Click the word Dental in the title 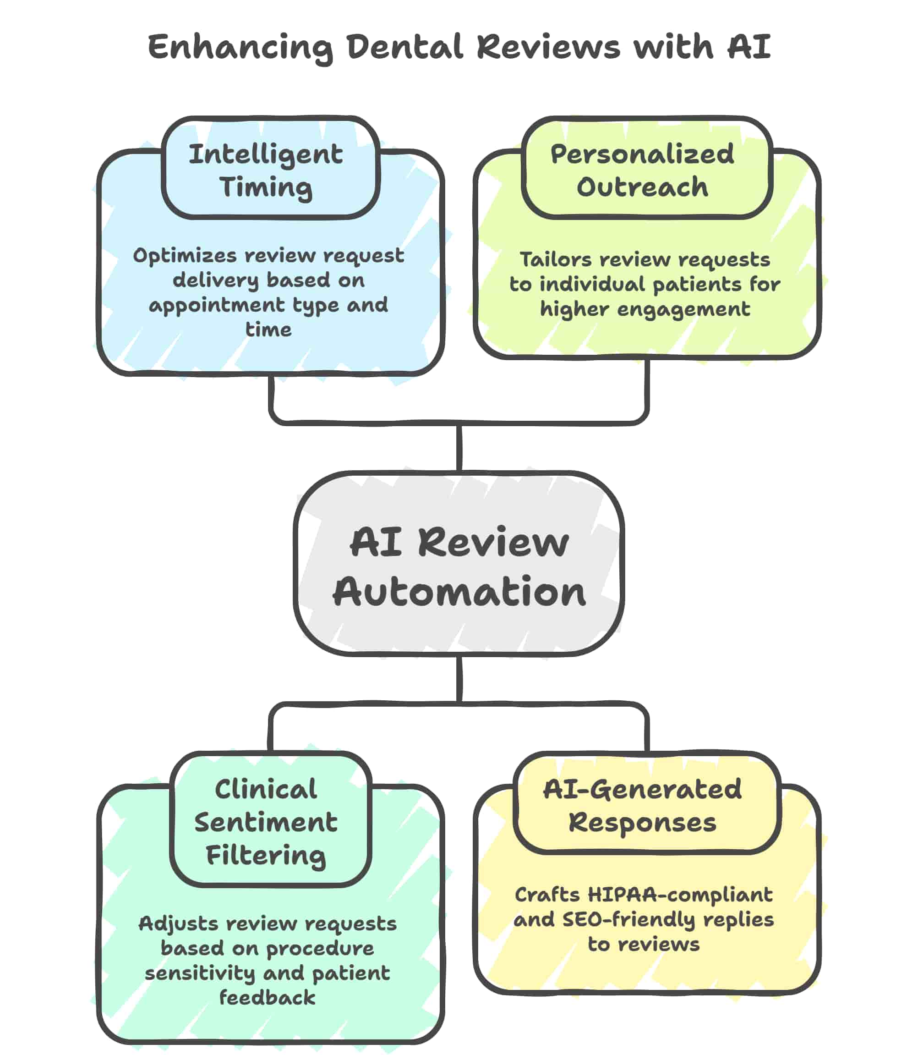404,47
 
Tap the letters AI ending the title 749,47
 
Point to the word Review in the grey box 493,543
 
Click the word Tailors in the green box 555,260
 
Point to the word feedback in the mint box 268,998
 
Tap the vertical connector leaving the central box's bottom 459,679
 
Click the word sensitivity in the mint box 200,973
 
